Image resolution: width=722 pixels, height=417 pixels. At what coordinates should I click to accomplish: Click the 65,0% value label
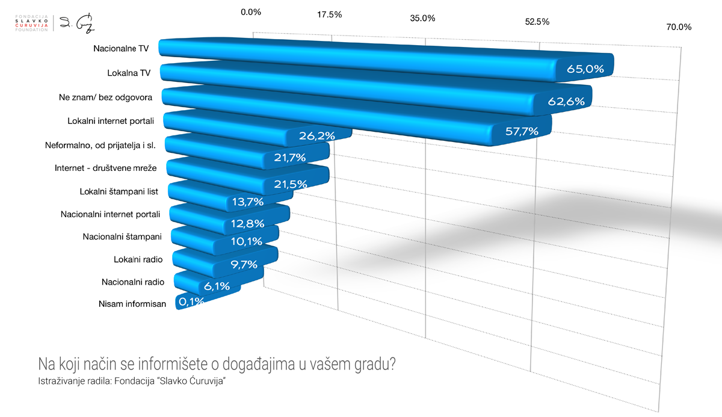click(x=585, y=69)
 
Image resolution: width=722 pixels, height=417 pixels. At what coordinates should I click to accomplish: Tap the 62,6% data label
click(x=566, y=101)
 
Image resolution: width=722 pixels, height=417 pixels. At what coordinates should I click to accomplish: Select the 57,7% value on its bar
click(x=521, y=131)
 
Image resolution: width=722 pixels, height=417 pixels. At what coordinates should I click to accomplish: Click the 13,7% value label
click(x=248, y=202)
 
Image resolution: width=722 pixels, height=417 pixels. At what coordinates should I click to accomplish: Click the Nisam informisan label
click(x=132, y=304)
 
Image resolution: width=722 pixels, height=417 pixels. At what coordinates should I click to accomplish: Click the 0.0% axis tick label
click(x=250, y=11)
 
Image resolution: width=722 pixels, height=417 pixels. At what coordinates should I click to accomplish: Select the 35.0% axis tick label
click(x=422, y=18)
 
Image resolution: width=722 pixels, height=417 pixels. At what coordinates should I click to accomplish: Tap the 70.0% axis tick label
click(x=679, y=27)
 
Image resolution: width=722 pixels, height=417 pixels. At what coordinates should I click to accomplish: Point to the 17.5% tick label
click(x=329, y=14)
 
